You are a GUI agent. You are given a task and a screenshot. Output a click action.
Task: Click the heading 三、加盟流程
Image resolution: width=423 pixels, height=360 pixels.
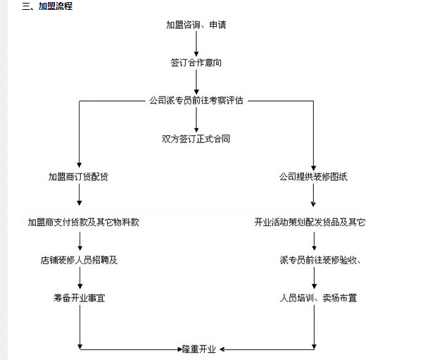click(x=46, y=7)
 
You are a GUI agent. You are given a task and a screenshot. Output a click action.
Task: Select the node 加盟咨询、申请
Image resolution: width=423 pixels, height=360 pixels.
click(x=196, y=25)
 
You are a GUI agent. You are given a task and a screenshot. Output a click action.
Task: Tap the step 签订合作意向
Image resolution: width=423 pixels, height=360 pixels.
click(x=196, y=63)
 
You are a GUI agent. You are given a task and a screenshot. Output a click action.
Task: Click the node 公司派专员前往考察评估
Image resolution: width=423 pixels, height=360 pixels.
click(x=196, y=101)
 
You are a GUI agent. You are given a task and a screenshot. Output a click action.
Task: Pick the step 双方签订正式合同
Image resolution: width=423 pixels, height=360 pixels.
click(x=196, y=139)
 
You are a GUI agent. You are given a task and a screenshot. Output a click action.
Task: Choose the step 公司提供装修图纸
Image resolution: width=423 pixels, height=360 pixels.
click(x=313, y=177)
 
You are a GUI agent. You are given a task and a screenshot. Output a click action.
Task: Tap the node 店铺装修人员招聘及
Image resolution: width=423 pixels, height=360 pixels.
click(x=79, y=260)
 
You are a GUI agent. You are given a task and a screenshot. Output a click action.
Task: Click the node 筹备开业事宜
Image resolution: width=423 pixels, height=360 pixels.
click(x=79, y=298)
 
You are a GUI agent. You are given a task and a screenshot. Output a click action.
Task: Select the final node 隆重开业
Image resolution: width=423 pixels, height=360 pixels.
click(x=198, y=349)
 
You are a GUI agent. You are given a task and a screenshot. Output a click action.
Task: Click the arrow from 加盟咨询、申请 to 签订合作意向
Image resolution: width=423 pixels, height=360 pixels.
click(x=196, y=44)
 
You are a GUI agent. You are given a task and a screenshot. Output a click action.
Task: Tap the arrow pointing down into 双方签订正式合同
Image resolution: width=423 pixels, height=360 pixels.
click(x=196, y=120)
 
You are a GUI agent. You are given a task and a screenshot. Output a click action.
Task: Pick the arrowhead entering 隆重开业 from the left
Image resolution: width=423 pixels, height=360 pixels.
click(x=176, y=348)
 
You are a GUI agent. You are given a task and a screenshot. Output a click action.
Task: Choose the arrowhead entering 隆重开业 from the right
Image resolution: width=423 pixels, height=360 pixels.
click(x=222, y=348)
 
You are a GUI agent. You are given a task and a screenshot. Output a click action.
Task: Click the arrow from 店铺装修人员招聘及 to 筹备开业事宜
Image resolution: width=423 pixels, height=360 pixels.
click(x=80, y=279)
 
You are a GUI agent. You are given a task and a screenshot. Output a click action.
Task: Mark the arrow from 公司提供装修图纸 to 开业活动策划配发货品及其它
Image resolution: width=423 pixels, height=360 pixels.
click(x=314, y=199)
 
